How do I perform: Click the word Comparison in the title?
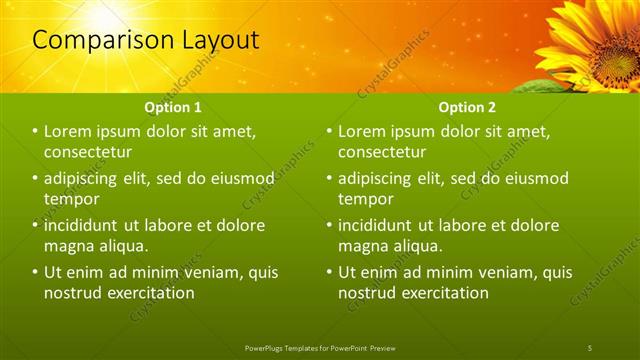coord(96,40)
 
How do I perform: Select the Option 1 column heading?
coord(173,106)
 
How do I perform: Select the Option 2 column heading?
coord(467,106)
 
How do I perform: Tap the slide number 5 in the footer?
coord(590,347)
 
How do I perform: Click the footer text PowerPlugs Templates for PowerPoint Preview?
coord(319,347)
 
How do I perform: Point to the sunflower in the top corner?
coord(600,40)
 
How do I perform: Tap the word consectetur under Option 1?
coord(89,152)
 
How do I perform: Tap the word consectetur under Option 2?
coord(383,152)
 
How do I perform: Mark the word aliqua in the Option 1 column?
coord(122,245)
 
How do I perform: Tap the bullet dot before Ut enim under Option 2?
coord(329,272)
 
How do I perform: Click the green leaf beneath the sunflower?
coord(545,86)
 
